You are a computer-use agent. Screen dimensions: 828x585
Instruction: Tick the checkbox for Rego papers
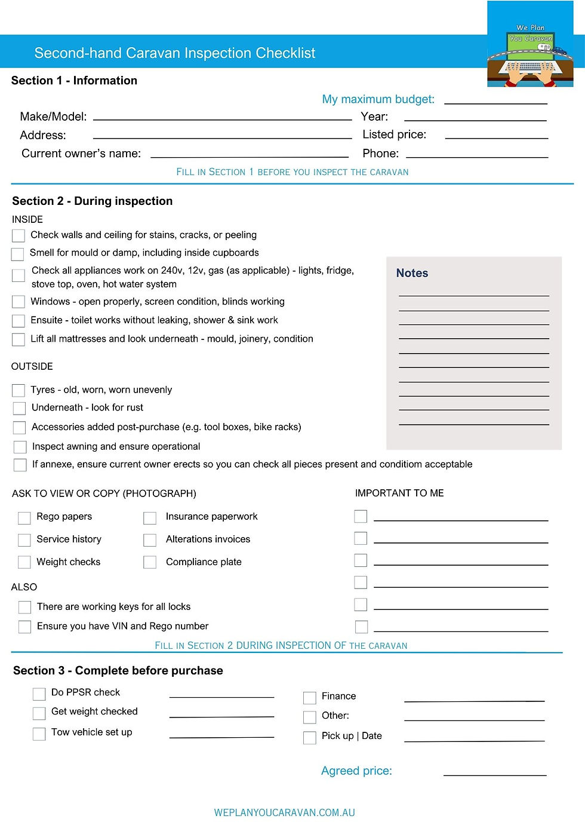click(x=24, y=517)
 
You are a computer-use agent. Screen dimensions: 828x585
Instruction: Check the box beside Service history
click(x=24, y=540)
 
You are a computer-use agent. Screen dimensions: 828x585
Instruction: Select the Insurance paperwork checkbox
click(x=150, y=517)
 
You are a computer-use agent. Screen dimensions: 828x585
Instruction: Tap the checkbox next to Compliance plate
click(x=150, y=562)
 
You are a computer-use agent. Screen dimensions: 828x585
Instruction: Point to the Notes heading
click(x=412, y=273)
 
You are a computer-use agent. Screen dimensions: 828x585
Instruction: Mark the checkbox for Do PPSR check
click(x=39, y=694)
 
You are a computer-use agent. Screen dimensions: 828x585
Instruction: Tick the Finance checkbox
click(x=310, y=697)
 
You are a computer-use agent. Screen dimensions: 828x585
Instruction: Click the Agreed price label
click(x=356, y=771)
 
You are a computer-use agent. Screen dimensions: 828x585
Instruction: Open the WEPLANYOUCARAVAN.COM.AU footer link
click(x=284, y=812)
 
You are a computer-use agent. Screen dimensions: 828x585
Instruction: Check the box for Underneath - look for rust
click(x=20, y=408)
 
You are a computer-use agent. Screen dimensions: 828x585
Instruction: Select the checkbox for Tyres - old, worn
click(x=19, y=390)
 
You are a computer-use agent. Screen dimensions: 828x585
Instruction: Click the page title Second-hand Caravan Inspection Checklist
click(x=174, y=53)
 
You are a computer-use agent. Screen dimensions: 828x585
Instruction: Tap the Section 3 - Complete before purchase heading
click(x=118, y=670)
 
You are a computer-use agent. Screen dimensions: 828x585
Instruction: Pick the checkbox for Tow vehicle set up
click(x=39, y=734)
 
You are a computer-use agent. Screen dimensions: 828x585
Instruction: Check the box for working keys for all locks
click(x=24, y=607)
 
